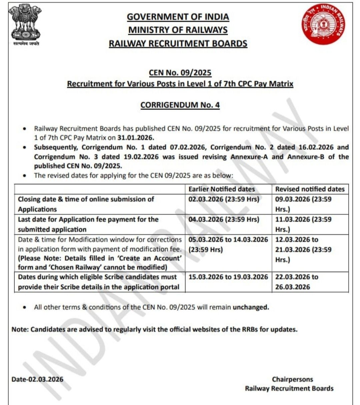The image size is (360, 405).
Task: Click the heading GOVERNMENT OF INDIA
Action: [178, 17]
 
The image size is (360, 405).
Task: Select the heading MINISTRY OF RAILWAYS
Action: [178, 30]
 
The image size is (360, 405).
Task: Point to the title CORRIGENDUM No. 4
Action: [180, 105]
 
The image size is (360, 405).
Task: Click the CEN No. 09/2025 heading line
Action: [180, 73]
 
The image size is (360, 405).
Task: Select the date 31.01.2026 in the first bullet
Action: [135, 138]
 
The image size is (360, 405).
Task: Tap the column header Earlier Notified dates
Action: [222, 189]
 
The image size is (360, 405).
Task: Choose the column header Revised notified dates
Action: [310, 189]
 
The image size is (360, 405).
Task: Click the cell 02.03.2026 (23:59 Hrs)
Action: [224, 199]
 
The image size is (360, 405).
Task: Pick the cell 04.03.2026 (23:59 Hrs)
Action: [224, 220]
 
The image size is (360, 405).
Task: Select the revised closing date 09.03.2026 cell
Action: [303, 204]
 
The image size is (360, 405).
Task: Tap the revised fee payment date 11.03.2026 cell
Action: [303, 224]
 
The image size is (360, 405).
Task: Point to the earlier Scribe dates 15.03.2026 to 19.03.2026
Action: [228, 277]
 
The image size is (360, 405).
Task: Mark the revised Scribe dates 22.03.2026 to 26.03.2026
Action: [297, 282]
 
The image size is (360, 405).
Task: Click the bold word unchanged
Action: [251, 307]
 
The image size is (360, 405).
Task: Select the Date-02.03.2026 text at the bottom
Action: [37, 379]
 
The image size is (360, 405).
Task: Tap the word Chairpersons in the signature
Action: [292, 379]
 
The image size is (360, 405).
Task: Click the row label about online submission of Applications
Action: [86, 204]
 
